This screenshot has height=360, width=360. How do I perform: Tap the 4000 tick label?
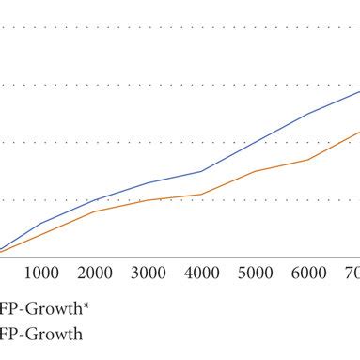click(x=201, y=273)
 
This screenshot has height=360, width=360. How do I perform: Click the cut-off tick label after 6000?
click(x=351, y=273)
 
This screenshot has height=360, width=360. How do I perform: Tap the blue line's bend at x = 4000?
click(x=201, y=171)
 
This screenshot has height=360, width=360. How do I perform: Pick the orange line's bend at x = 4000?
click(x=201, y=195)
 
